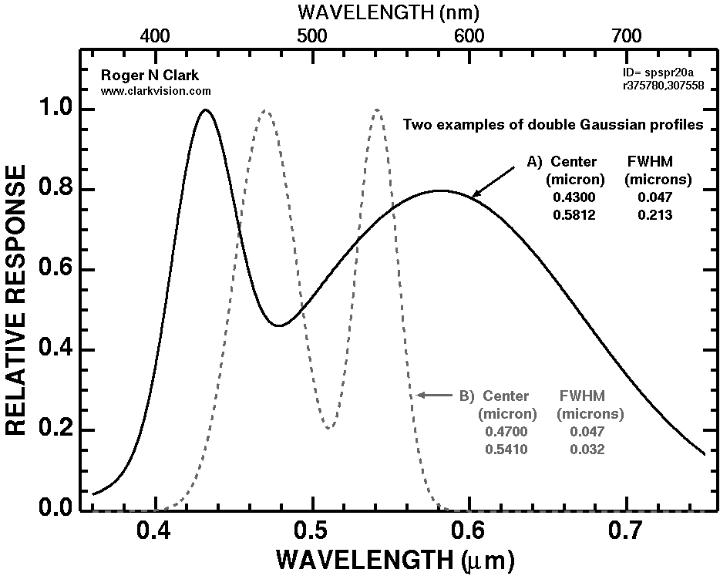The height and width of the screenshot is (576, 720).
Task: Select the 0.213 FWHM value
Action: click(655, 215)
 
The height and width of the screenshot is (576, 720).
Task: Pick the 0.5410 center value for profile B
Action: click(506, 449)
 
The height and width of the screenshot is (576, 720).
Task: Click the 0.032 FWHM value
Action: click(587, 449)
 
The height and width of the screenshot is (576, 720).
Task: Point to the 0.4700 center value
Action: click(506, 432)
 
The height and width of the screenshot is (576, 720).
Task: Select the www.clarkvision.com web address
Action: click(156, 90)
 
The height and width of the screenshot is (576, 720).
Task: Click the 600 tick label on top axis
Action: click(468, 35)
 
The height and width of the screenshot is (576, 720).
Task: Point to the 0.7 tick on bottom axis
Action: click(625, 532)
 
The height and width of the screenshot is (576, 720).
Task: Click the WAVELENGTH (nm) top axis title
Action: click(391, 12)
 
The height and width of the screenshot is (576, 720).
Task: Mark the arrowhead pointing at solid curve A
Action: click(475, 195)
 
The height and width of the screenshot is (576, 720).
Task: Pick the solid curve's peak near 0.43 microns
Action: click(205, 109)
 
